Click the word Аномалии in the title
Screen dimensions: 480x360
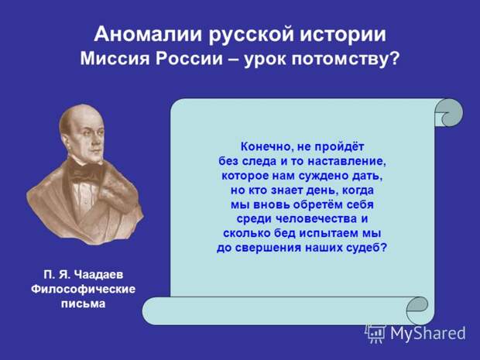pos(148,34)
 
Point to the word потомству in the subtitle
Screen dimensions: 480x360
pos(340,58)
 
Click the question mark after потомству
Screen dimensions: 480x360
pos(395,57)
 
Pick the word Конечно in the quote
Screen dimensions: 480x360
pos(264,147)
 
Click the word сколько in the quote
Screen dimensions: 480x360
pos(246,233)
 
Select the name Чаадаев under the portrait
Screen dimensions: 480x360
pos(98,274)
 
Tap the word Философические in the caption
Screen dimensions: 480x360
pos(83,289)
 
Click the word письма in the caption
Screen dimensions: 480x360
pos(83,303)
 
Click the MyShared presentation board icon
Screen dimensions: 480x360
pos(375,332)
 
